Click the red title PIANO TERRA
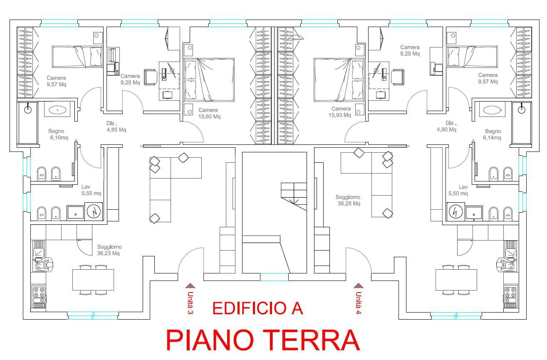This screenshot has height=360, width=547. coord(263,340)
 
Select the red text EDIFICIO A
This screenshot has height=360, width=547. coord(257,308)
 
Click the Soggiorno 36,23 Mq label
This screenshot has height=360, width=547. coord(109,250)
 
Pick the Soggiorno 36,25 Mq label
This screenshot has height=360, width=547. coord(349,200)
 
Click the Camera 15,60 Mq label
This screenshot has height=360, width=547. coord(209,113)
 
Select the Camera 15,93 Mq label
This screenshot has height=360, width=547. coord(340,112)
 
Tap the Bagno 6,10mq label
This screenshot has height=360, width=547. coord(59,134)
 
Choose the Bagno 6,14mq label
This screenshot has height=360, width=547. coord(492,134)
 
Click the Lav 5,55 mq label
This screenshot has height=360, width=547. coord(91,190)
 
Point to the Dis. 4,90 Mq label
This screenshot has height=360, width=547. coord(447,126)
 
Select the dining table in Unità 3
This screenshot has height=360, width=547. coord(93,280)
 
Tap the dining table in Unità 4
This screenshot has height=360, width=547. coord(456,280)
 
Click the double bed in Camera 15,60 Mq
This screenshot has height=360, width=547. coord(209,79)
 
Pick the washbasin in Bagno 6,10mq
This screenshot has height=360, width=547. coord(57,110)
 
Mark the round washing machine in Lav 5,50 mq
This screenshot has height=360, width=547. coord(455,212)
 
